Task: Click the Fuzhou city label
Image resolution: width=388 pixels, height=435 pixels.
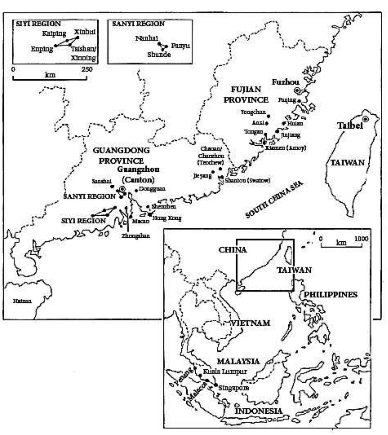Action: coord(285,82)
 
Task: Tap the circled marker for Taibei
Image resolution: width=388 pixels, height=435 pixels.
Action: coord(366,119)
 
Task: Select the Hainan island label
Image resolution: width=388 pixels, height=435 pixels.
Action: coord(22,301)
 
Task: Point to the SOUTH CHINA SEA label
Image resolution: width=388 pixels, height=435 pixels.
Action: coord(274,199)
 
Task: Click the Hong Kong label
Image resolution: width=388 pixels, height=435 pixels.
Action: coord(167,218)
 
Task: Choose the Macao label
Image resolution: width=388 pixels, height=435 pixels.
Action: coord(141,221)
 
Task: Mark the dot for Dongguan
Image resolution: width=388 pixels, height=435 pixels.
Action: coord(136,190)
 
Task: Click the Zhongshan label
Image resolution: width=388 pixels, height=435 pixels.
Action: coord(136,236)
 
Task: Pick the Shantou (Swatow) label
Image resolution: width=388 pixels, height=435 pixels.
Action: coord(248,180)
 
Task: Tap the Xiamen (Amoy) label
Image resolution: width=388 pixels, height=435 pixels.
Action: coord(286,148)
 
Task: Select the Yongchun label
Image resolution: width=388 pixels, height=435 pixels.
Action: coord(253,112)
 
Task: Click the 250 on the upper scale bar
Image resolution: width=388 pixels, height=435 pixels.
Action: coord(87,69)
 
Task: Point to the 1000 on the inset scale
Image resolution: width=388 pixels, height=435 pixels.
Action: coord(361,239)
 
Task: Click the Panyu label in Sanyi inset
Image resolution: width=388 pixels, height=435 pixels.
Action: coord(180,46)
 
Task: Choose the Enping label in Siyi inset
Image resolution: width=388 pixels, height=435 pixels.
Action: coord(42,49)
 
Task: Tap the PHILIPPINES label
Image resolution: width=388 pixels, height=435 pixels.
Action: coord(331,295)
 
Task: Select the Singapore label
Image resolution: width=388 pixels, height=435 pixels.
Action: coord(233,388)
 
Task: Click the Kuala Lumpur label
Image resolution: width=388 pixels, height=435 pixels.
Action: coord(225,371)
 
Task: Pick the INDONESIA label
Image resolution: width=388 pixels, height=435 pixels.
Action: coord(258,411)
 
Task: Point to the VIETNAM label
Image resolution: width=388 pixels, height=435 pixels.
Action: coord(251,323)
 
